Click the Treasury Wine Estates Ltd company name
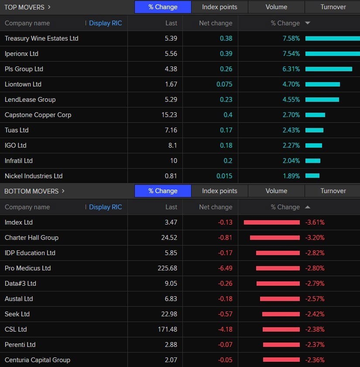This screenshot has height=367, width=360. [41, 38]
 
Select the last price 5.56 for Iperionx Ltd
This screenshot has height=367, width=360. [171, 54]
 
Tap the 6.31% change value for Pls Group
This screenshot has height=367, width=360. [291, 69]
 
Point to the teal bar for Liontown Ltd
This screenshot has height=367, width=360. [322, 84]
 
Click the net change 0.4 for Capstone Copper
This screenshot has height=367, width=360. [228, 115]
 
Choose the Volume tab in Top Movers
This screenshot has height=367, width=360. [276, 7]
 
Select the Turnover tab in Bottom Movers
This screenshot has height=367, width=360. [333, 191]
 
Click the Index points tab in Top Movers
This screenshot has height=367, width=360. [219, 7]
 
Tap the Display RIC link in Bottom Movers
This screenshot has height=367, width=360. [106, 207]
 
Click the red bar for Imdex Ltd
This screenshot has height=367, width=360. [271, 222]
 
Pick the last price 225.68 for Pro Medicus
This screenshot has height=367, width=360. [168, 268]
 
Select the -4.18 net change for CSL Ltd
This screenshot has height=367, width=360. [225, 329]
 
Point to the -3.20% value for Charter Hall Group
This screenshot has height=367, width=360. [315, 238]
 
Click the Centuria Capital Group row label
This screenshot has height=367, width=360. [38, 360]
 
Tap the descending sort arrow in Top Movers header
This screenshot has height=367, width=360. [308, 23]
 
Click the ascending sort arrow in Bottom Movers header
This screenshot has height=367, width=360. [308, 207]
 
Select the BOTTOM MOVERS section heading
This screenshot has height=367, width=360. [31, 191]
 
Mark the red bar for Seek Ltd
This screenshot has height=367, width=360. [281, 314]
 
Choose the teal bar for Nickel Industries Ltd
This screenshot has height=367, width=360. [312, 176]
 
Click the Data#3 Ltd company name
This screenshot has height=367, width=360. [21, 284]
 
